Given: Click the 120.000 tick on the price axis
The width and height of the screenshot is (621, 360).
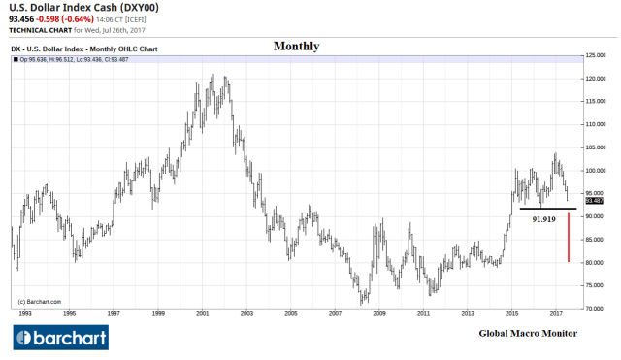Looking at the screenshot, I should tap(594, 79).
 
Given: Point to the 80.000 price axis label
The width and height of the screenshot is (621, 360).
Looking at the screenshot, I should tap(594, 262).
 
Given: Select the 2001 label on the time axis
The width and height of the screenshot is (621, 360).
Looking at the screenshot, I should tap(203, 314).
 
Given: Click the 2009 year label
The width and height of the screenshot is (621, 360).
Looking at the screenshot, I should tap(380, 314).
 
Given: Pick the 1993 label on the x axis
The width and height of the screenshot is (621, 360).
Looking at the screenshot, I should tap(24, 314).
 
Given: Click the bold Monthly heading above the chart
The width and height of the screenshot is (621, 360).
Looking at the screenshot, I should tap(296, 46).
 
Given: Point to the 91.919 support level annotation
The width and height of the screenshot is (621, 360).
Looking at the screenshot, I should tap(544, 220).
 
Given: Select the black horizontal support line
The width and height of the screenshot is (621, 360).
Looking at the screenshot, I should tap(547, 208).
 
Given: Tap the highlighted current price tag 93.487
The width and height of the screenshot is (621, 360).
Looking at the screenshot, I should tap(593, 201).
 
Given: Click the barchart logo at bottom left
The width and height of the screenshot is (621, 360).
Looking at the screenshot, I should tap(59, 338).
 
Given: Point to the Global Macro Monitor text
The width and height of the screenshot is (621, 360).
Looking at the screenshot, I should tap(528, 333).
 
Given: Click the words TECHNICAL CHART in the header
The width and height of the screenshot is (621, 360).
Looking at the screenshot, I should tap(39, 30).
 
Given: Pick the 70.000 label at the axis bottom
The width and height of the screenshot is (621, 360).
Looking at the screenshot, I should tap(594, 308).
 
